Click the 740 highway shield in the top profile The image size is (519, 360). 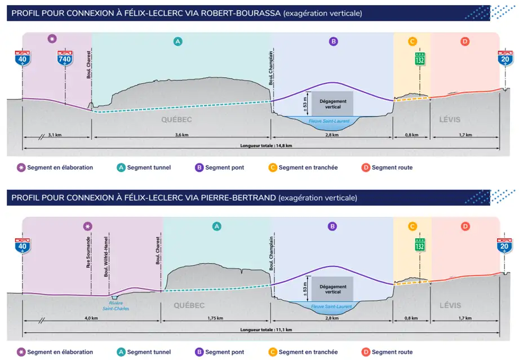tap(65, 58)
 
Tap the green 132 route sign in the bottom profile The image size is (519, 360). tap(420, 245)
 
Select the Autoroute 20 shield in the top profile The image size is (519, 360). tap(505, 58)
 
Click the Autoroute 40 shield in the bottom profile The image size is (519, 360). tap(22, 246)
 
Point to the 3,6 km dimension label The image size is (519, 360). tap(181, 135)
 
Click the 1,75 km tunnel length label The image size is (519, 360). tap(215, 318)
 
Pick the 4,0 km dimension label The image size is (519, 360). tap(91, 318)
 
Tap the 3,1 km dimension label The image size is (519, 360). tap(55, 135)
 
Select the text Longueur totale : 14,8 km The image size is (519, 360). tap(266, 145)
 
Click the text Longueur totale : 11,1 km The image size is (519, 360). tap(266, 330)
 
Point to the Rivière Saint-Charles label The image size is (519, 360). tap(116, 306)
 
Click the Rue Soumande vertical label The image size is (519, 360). tap(88, 252)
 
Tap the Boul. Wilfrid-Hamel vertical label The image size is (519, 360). tap(106, 256)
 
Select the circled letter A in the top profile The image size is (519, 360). tap(178, 41)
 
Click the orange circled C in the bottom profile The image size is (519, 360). tap(412, 226)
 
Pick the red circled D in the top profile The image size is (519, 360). tap(465, 41)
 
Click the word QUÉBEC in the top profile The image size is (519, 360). tap(176, 119)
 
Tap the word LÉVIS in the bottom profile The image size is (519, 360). tap(450, 305)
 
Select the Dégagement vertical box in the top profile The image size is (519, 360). tap(332, 104)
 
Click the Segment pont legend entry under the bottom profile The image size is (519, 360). tap(219, 352)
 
